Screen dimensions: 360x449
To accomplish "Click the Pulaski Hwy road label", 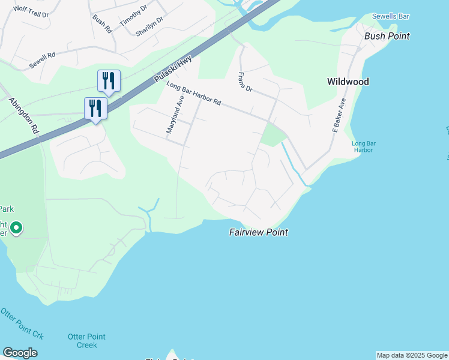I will click(172, 70).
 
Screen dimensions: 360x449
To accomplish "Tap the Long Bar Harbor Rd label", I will click(194, 94).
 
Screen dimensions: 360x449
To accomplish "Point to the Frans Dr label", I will click(245, 82).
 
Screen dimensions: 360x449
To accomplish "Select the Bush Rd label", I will click(102, 23).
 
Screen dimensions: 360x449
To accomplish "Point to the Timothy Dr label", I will click(133, 16).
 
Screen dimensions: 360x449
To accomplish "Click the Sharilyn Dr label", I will click(149, 26).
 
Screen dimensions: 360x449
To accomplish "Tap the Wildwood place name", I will click(348, 82).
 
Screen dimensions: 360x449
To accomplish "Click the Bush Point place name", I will click(387, 36).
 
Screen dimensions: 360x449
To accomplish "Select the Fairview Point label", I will click(259, 232).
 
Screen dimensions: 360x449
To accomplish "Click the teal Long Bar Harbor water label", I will click(363, 146).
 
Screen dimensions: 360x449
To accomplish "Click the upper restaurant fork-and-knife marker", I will click(109, 80).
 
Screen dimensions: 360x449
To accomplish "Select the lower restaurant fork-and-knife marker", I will click(95, 108).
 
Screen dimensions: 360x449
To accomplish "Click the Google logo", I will click(20, 353).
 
